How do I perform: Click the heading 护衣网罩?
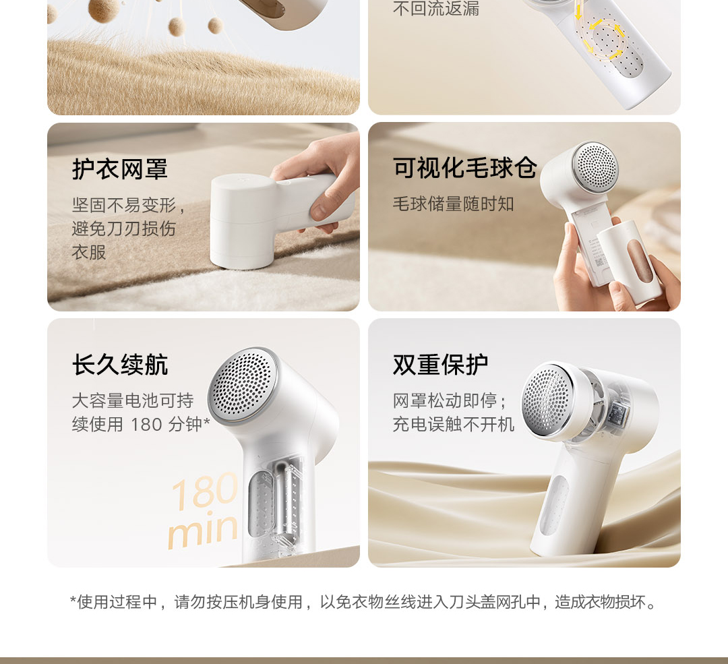(120, 169)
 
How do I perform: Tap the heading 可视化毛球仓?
(464, 167)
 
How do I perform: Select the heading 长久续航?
(120, 365)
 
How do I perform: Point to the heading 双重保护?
(441, 365)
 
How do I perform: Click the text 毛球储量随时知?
(453, 204)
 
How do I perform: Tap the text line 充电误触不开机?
(453, 425)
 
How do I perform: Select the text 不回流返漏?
(435, 8)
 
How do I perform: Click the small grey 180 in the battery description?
(146, 425)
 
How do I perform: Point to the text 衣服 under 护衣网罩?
(89, 253)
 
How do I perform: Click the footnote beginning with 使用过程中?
(363, 602)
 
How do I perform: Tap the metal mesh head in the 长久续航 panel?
(243, 386)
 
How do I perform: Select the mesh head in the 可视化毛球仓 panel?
(596, 167)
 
